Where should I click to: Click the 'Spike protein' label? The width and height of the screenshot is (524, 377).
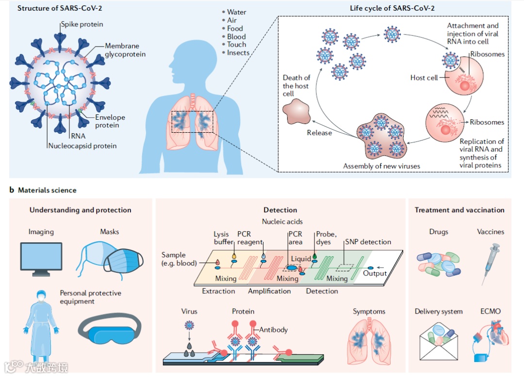(x=82, y=24)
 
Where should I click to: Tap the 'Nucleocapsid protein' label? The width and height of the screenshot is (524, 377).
(x=82, y=146)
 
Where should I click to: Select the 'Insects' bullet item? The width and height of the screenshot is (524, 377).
(x=238, y=53)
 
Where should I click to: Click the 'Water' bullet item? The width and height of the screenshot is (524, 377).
(x=237, y=12)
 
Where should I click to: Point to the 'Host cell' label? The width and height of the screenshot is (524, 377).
(x=424, y=78)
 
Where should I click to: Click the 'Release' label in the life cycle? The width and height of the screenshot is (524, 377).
(x=319, y=133)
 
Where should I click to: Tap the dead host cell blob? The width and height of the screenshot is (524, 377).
(x=296, y=111)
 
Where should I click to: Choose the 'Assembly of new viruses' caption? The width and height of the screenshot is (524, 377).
(x=381, y=166)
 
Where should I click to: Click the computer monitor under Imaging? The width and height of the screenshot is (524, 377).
(x=41, y=259)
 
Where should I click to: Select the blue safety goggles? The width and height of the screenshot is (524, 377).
(x=110, y=329)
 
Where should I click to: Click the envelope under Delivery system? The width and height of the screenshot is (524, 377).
(x=439, y=342)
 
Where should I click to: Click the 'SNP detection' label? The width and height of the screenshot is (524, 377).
(x=368, y=242)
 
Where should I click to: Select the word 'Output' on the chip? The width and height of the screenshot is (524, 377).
(x=375, y=273)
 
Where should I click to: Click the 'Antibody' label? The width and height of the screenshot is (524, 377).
(x=273, y=330)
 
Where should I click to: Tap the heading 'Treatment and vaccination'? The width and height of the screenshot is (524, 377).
(x=459, y=210)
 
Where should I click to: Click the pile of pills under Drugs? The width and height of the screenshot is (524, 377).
(x=439, y=264)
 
